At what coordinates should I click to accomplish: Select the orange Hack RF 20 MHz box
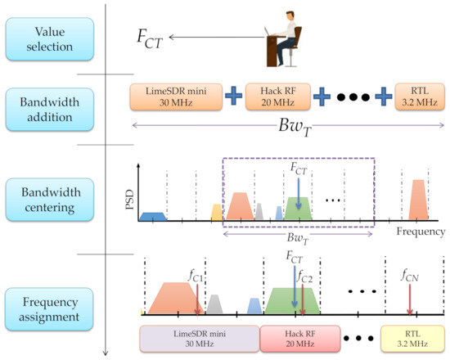[281, 96]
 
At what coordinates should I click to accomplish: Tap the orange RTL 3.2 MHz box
[416, 96]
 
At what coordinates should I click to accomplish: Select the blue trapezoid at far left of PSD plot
[153, 216]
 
